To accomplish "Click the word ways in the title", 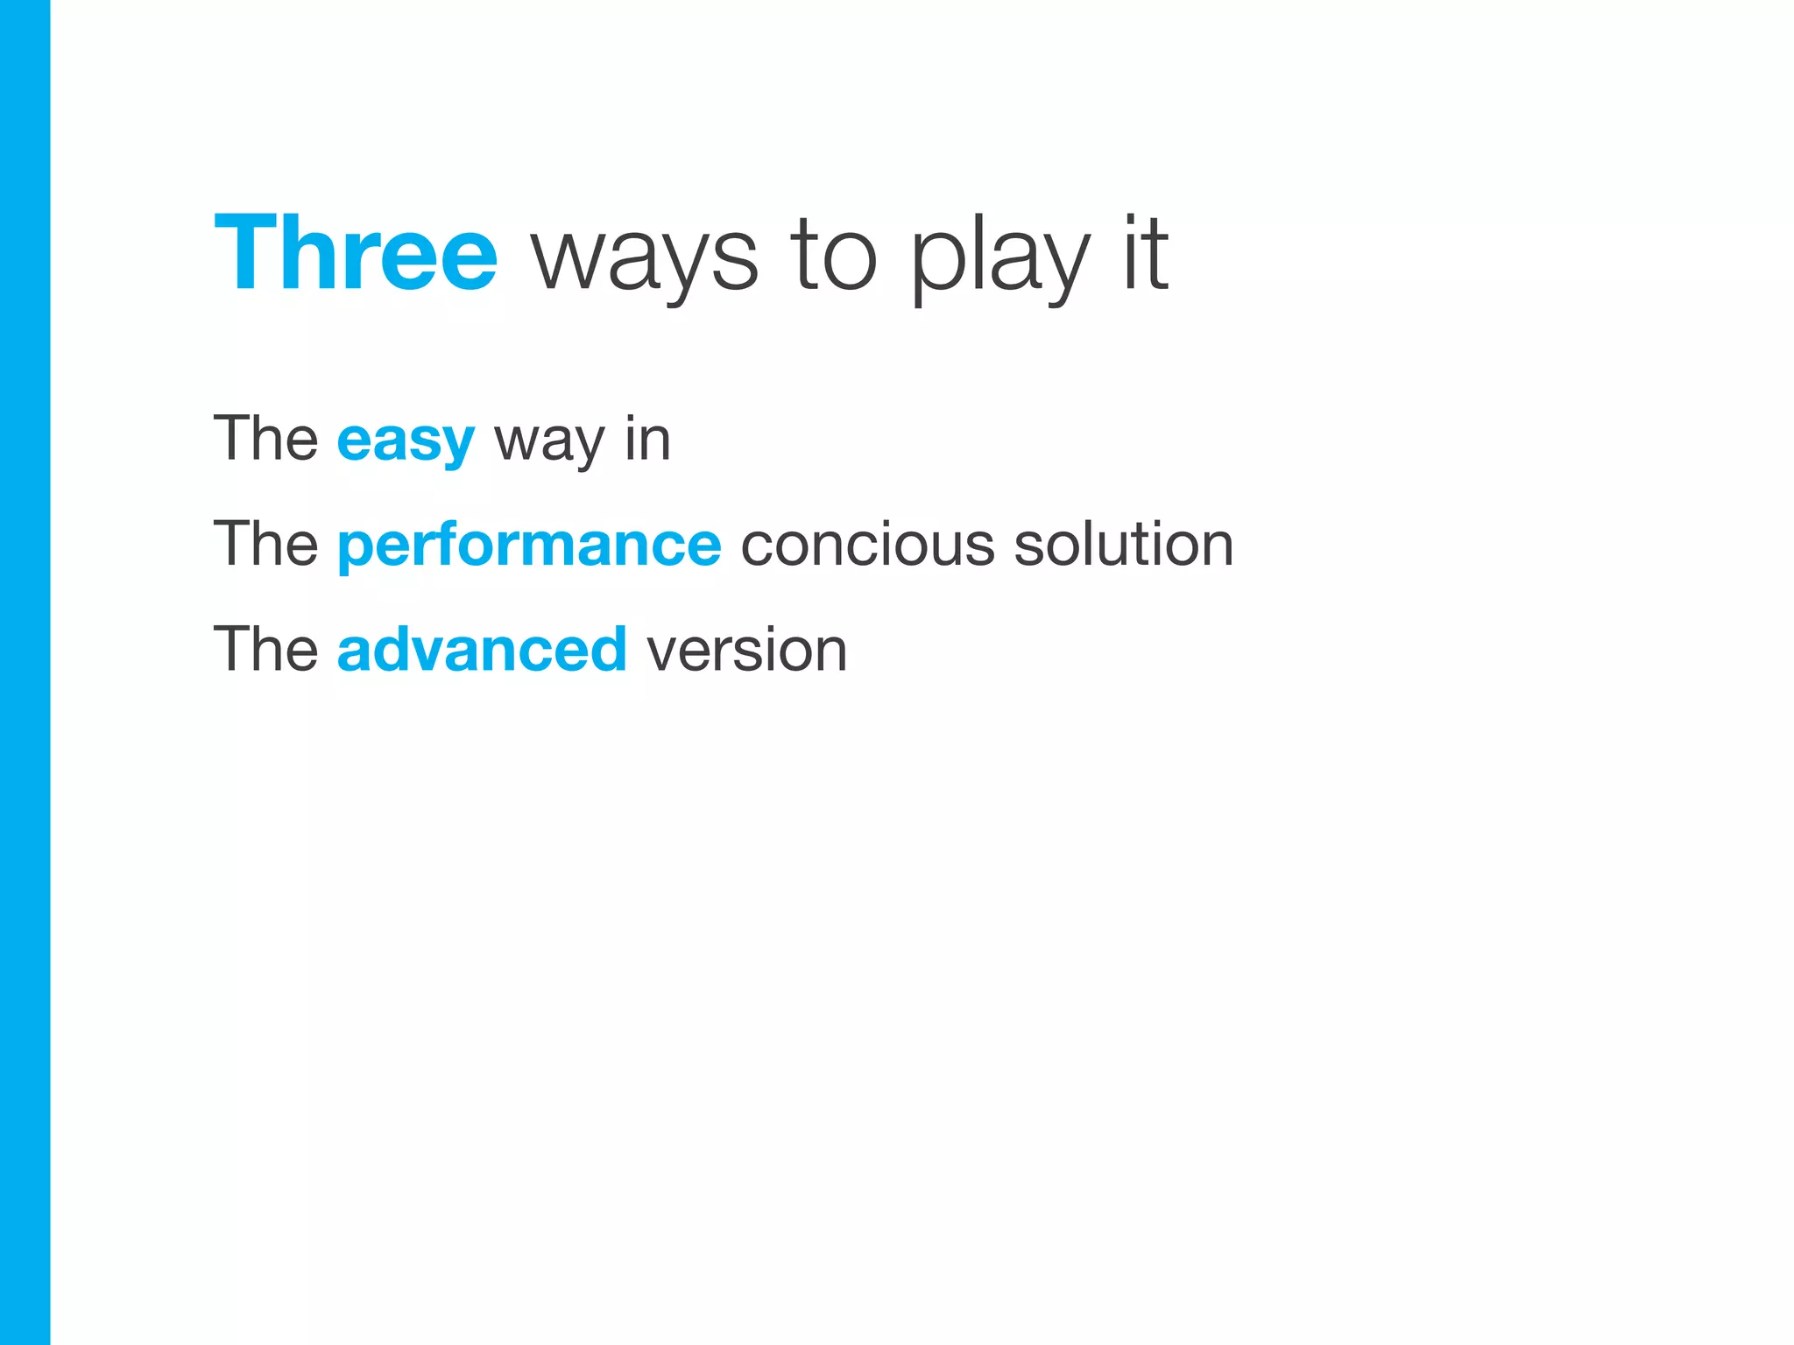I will point(645,258).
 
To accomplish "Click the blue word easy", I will point(406,440).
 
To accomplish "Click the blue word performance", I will point(529,546).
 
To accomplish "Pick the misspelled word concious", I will point(867,545).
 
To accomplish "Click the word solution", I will point(1124,545).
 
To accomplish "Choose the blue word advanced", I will point(482,650).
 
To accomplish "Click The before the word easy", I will point(265,439).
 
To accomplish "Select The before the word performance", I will point(265,545).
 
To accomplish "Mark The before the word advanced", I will point(265,650).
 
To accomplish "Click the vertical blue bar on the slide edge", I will point(25,672).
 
